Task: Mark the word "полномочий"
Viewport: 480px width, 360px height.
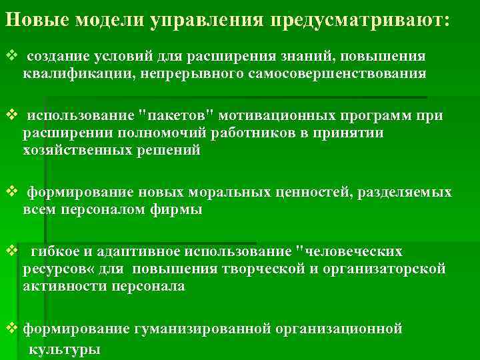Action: point(157,133)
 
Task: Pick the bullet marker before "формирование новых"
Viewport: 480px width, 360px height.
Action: point(9,193)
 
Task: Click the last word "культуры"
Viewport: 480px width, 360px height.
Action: point(65,349)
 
